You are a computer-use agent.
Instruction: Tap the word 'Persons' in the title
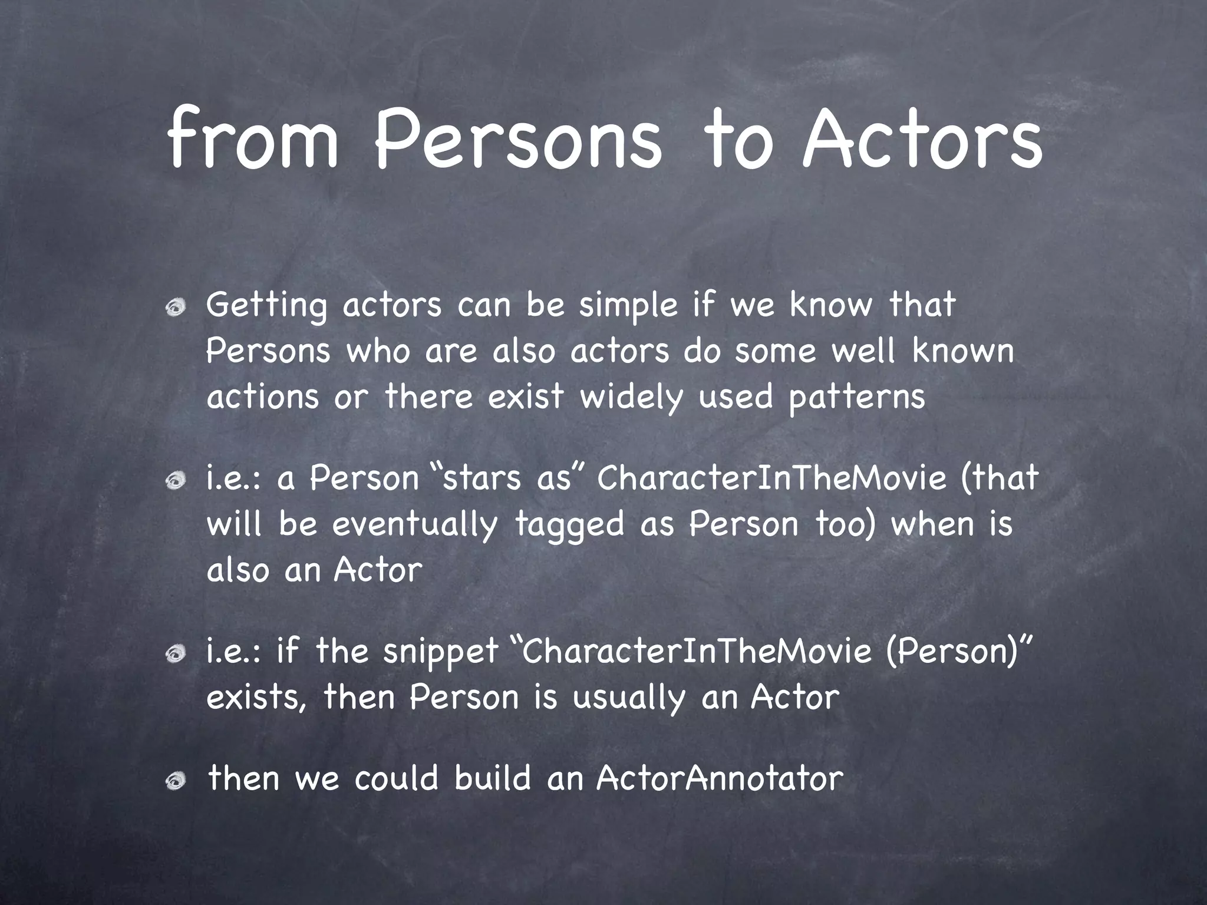519,141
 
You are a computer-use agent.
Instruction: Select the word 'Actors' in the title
922,141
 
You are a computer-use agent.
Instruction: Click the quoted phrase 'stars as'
507,478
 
